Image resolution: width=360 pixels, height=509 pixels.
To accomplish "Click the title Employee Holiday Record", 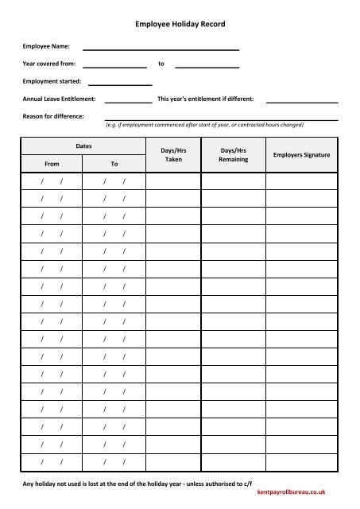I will [x=180, y=25].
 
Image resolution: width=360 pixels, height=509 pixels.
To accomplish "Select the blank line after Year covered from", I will [x=114, y=65].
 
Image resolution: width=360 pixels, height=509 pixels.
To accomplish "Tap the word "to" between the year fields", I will [x=161, y=64].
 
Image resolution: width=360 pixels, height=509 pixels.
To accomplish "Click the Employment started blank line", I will [x=120, y=83].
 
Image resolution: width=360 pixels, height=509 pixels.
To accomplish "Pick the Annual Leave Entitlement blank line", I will [x=128, y=100].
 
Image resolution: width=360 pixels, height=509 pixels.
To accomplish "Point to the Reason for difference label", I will [x=53, y=117].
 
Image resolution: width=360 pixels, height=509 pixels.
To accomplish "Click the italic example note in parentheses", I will [x=204, y=125].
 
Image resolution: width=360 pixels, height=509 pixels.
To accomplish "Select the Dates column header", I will [x=83, y=146].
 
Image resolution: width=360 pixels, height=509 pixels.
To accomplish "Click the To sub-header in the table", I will [x=114, y=164].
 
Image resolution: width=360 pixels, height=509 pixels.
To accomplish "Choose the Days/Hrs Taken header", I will [x=173, y=154].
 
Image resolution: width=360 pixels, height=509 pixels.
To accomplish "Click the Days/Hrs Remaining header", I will [x=233, y=154].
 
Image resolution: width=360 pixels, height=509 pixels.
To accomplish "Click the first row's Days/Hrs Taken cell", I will [x=173, y=183].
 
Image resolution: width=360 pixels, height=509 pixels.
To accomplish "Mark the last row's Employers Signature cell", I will [x=301, y=461].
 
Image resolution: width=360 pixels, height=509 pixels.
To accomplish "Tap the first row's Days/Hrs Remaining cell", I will [x=233, y=183].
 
